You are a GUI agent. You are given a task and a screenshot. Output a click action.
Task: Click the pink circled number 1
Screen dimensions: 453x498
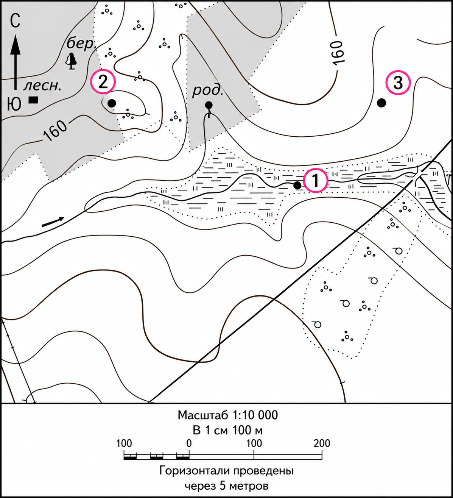(316, 181)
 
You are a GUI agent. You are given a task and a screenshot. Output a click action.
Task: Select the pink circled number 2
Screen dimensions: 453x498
(103, 81)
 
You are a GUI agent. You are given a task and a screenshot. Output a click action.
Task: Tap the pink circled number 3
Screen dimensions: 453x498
(398, 83)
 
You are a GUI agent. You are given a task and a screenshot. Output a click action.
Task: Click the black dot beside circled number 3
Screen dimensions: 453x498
(381, 103)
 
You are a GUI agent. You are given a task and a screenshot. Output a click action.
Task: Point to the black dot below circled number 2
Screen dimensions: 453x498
(112, 103)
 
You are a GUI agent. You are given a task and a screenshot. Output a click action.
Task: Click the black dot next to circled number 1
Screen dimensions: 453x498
(297, 185)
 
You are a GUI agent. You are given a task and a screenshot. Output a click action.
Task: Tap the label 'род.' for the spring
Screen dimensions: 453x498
(208, 91)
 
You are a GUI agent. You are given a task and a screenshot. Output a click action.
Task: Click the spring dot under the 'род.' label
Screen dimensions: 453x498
(209, 105)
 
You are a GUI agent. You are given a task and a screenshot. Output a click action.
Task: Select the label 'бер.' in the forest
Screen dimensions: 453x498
(81, 44)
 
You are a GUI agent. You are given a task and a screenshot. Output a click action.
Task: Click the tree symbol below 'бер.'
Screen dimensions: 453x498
(72, 61)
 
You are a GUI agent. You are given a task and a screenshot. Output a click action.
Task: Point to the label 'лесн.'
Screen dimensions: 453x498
(42, 86)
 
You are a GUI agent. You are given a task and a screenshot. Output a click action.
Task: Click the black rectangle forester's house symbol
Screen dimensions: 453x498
(33, 100)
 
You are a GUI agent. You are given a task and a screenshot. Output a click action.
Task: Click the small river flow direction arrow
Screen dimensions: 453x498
(53, 222)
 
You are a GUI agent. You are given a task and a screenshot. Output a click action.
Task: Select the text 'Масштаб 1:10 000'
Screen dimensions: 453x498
(227, 415)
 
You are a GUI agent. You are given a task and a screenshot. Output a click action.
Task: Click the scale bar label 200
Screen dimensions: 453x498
(322, 443)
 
